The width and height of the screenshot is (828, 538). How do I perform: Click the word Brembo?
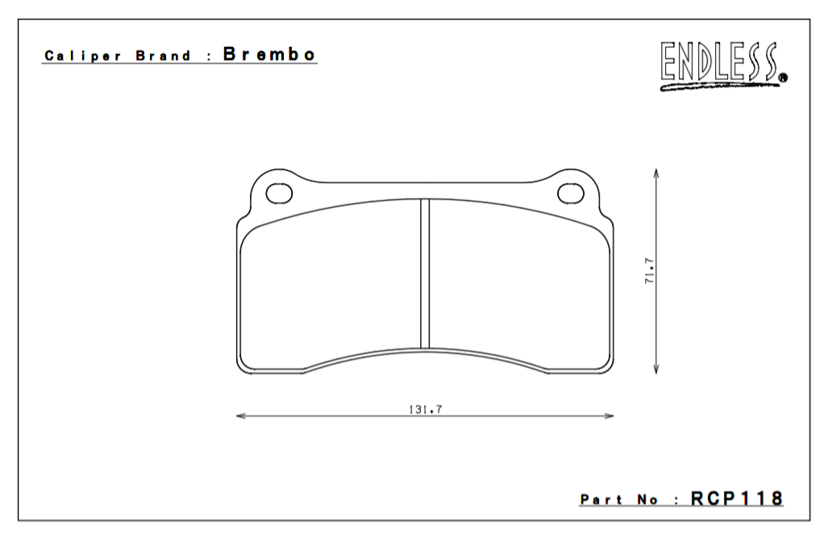click(269, 55)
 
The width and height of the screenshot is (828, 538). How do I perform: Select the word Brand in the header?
click(164, 56)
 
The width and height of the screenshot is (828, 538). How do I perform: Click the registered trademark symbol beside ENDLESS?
click(783, 78)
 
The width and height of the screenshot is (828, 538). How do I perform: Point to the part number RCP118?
click(736, 498)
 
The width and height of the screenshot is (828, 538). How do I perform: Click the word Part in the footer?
click(601, 500)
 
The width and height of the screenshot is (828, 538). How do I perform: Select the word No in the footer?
click(647, 500)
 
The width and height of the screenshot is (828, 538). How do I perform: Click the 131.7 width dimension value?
click(426, 409)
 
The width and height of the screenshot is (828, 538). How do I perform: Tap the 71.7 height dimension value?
click(649, 270)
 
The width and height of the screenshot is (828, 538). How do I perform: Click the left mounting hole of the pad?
click(279, 193)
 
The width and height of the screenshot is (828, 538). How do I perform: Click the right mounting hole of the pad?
click(571, 193)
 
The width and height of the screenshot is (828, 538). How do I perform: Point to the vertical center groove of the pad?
click(425, 274)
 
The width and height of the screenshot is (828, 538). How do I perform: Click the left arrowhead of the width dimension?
click(239, 416)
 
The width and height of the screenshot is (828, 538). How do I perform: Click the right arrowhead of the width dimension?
click(610, 416)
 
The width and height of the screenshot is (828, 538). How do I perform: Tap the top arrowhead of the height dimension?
click(657, 173)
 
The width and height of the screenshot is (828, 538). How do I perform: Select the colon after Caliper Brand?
click(209, 57)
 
